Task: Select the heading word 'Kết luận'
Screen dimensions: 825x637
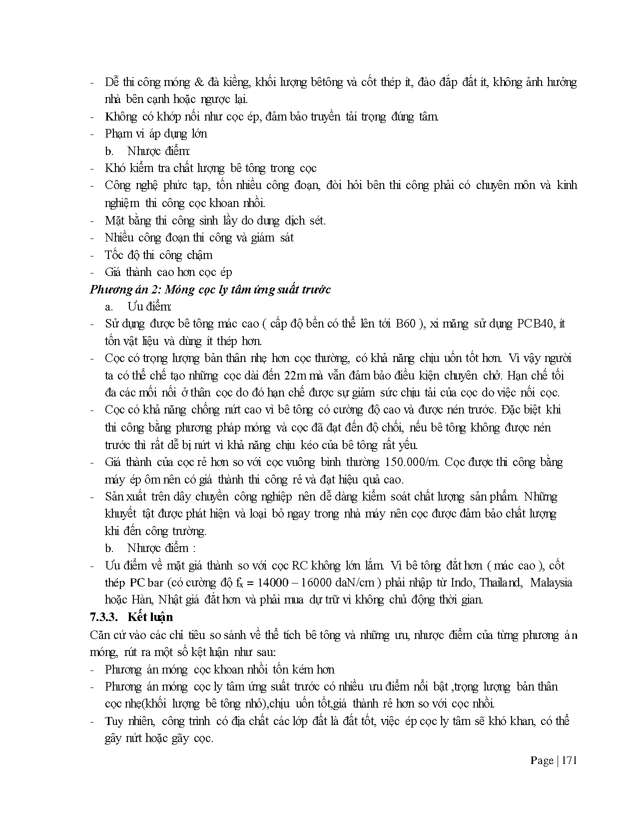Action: click(150, 617)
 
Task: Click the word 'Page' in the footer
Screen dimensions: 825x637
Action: click(542, 760)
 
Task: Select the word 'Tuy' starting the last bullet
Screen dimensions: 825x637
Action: click(113, 721)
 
